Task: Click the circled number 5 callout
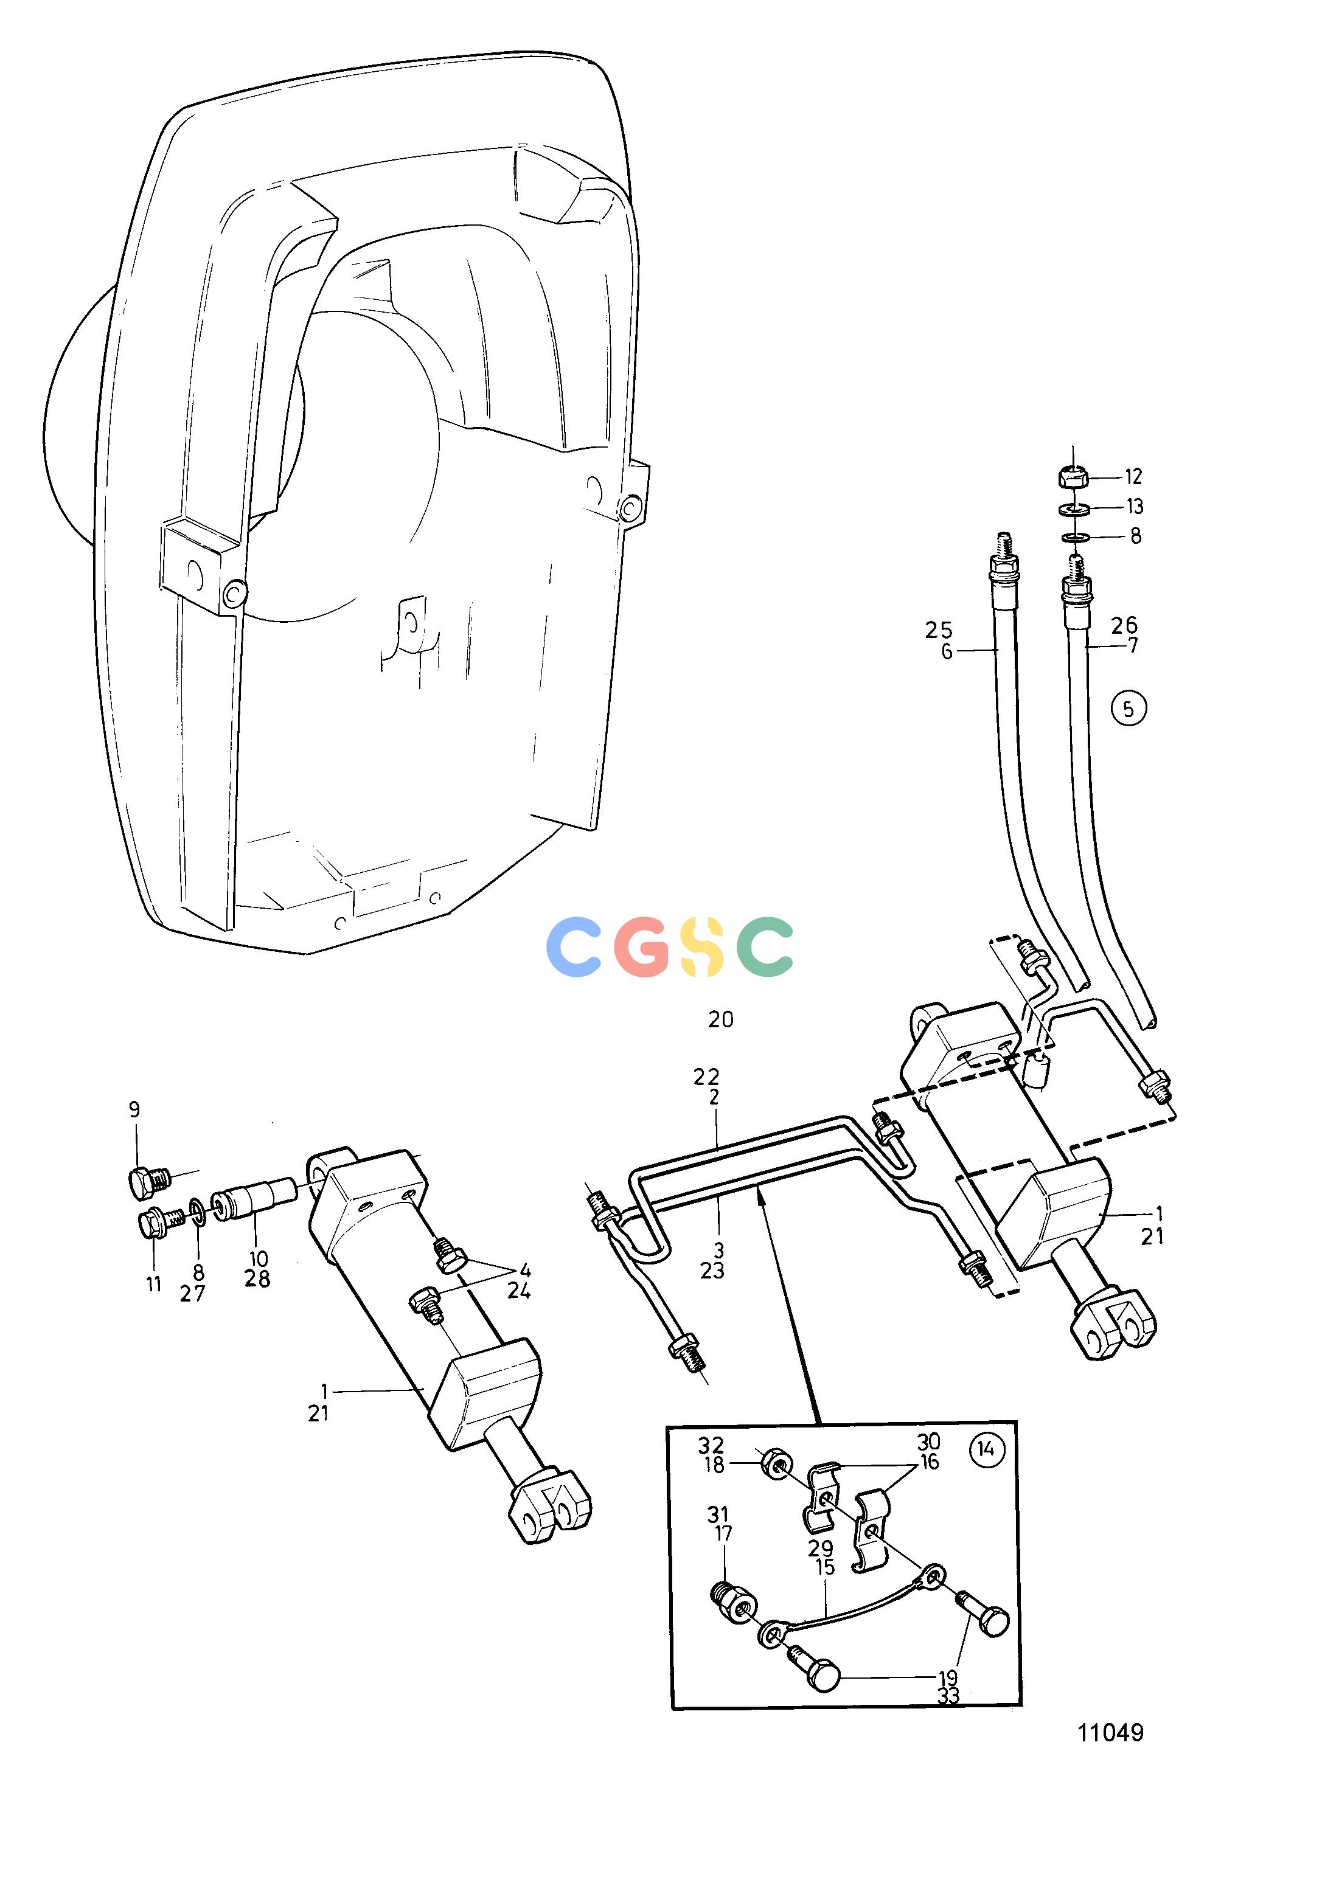point(1129,708)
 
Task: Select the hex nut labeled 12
point(1072,477)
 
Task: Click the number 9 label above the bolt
point(134,1109)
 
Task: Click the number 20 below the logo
point(720,1019)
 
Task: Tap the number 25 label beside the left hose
point(938,630)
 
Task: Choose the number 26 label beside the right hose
point(1124,625)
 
